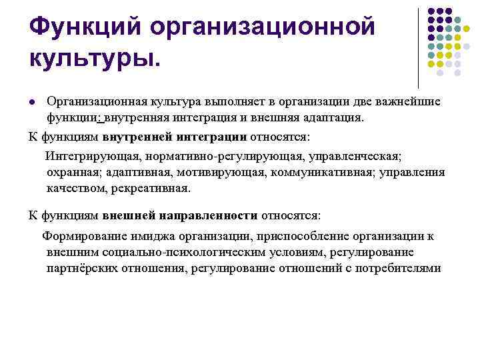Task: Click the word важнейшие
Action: tap(407, 101)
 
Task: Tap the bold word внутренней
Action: tap(139, 137)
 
